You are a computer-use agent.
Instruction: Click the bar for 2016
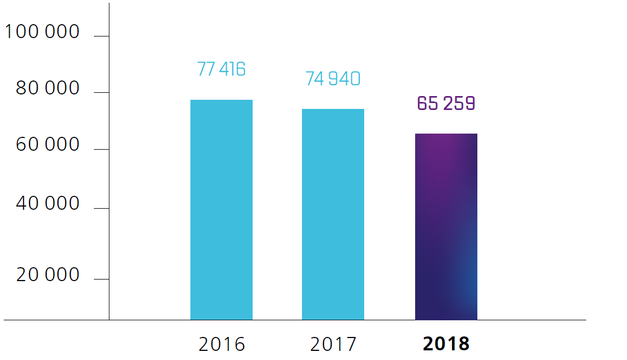(222, 210)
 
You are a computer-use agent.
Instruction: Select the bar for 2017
(333, 214)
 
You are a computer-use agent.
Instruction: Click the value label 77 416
(222, 69)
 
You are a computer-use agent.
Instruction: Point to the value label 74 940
(333, 79)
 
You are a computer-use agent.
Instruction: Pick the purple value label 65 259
(446, 104)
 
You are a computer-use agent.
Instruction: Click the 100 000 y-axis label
(42, 32)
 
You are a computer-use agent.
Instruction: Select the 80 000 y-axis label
(48, 89)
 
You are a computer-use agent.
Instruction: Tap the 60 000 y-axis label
(48, 145)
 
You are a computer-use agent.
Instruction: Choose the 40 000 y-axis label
(48, 204)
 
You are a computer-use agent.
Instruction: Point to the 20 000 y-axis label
(48, 275)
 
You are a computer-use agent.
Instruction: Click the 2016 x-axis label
(222, 344)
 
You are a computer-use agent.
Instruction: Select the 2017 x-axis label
(333, 344)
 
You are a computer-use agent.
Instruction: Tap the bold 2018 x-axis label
(446, 344)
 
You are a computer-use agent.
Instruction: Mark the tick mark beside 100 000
(101, 36)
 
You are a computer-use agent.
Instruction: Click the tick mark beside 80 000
(101, 93)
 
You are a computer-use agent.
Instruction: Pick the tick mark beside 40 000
(101, 208)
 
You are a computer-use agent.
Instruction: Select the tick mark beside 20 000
(101, 279)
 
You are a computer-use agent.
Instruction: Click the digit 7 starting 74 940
(310, 79)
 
